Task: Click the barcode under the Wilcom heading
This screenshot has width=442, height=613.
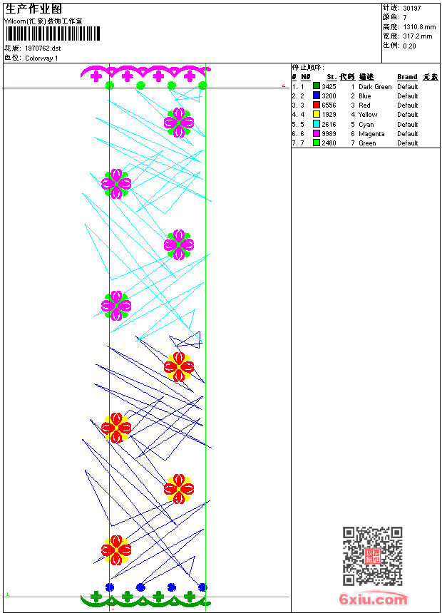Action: (x=53, y=34)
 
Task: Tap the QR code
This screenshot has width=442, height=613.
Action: (x=372, y=556)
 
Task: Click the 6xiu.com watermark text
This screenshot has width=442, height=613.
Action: (x=374, y=599)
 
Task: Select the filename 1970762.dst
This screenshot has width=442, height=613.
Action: (x=43, y=48)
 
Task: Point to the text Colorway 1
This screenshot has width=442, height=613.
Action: (x=41, y=58)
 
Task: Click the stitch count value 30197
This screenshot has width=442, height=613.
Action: (x=412, y=9)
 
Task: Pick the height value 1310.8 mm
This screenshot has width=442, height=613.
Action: (x=419, y=27)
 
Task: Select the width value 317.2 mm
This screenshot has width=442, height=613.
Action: (x=418, y=36)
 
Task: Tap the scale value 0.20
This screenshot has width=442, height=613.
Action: (x=409, y=46)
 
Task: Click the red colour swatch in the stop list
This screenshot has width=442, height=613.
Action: (x=317, y=105)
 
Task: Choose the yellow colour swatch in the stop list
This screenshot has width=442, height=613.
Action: (x=317, y=115)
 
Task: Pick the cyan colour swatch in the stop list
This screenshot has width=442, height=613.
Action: (x=317, y=124)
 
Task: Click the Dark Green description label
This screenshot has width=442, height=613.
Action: (x=375, y=87)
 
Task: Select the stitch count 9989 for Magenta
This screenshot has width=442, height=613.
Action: (x=329, y=134)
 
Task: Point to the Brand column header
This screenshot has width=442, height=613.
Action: (x=407, y=77)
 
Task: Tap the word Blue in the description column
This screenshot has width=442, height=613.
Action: (x=364, y=96)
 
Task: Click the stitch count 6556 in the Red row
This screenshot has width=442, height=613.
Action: (x=329, y=105)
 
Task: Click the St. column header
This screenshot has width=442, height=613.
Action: (x=331, y=77)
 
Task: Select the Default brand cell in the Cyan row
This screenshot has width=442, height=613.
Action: (x=408, y=125)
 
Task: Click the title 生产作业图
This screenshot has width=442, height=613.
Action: (x=34, y=9)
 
